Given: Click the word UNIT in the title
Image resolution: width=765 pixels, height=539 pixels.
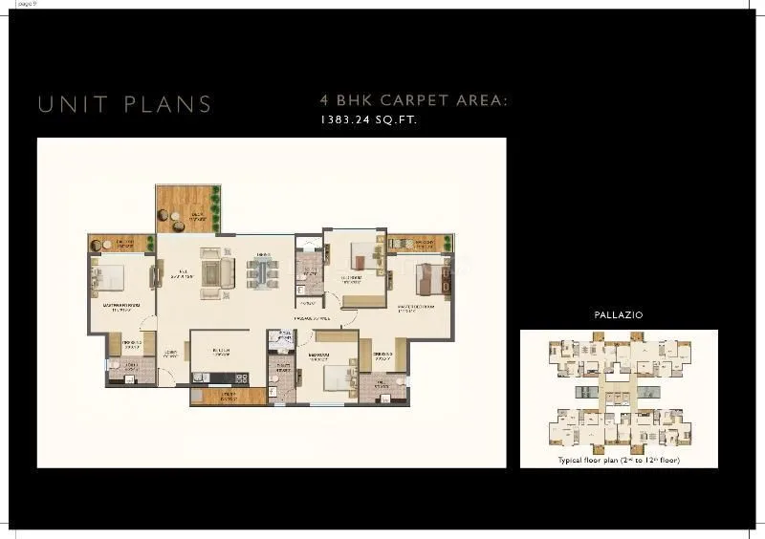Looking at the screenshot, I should click(69, 103).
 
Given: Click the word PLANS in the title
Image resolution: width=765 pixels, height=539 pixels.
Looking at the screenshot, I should click(167, 103).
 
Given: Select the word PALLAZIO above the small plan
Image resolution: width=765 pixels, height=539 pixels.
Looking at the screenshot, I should click(618, 314).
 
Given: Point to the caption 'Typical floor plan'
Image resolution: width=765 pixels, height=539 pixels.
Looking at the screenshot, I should click(593, 461).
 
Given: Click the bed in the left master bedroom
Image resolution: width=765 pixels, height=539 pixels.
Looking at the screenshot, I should click(105, 279).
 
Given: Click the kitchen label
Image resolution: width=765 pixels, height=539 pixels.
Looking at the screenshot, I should click(227, 351).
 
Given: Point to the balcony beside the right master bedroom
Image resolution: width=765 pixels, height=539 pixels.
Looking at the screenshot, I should click(413, 244).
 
